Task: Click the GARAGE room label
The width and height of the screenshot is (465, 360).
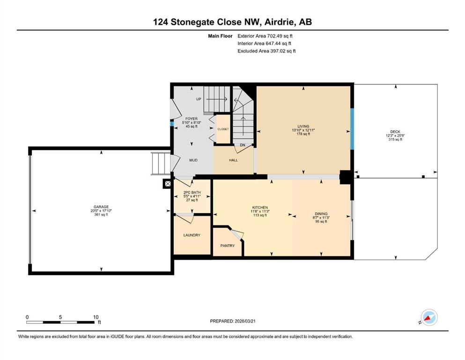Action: coord(101,207)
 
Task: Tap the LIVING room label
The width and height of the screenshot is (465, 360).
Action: coord(303,126)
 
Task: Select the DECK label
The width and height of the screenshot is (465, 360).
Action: coord(395,132)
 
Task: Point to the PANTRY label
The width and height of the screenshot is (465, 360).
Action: coord(228,246)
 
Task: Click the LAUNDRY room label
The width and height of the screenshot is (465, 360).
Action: coord(192,235)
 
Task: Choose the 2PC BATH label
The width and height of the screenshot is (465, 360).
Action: coord(192,192)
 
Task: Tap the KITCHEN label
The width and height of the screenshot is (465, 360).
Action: coord(260,208)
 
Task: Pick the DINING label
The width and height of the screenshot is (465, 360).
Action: coord(321,214)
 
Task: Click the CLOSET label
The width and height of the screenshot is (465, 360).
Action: coord(223,129)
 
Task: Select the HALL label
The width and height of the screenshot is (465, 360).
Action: coord(233,160)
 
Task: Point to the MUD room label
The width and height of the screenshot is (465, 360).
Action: coord(193,160)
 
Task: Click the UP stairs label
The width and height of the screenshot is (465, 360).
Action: coord(199,99)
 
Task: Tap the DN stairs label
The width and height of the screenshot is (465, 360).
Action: coord(243,145)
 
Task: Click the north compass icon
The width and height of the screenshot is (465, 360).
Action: coord(429,317)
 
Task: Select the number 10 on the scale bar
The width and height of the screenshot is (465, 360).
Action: coord(96,317)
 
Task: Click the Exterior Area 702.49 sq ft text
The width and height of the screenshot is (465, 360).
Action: coord(265,36)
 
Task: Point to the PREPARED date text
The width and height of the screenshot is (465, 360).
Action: coord(233,321)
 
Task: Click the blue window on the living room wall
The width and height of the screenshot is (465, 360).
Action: coord(352,129)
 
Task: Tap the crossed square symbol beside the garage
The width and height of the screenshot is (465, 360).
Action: coord(168,184)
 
